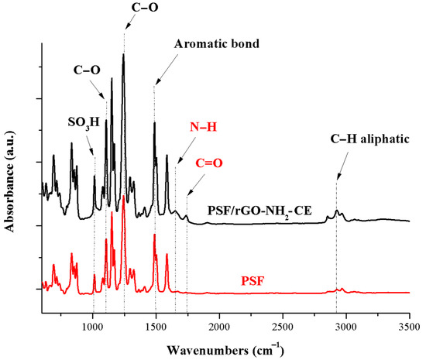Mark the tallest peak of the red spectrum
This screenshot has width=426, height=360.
click(x=124, y=197)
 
